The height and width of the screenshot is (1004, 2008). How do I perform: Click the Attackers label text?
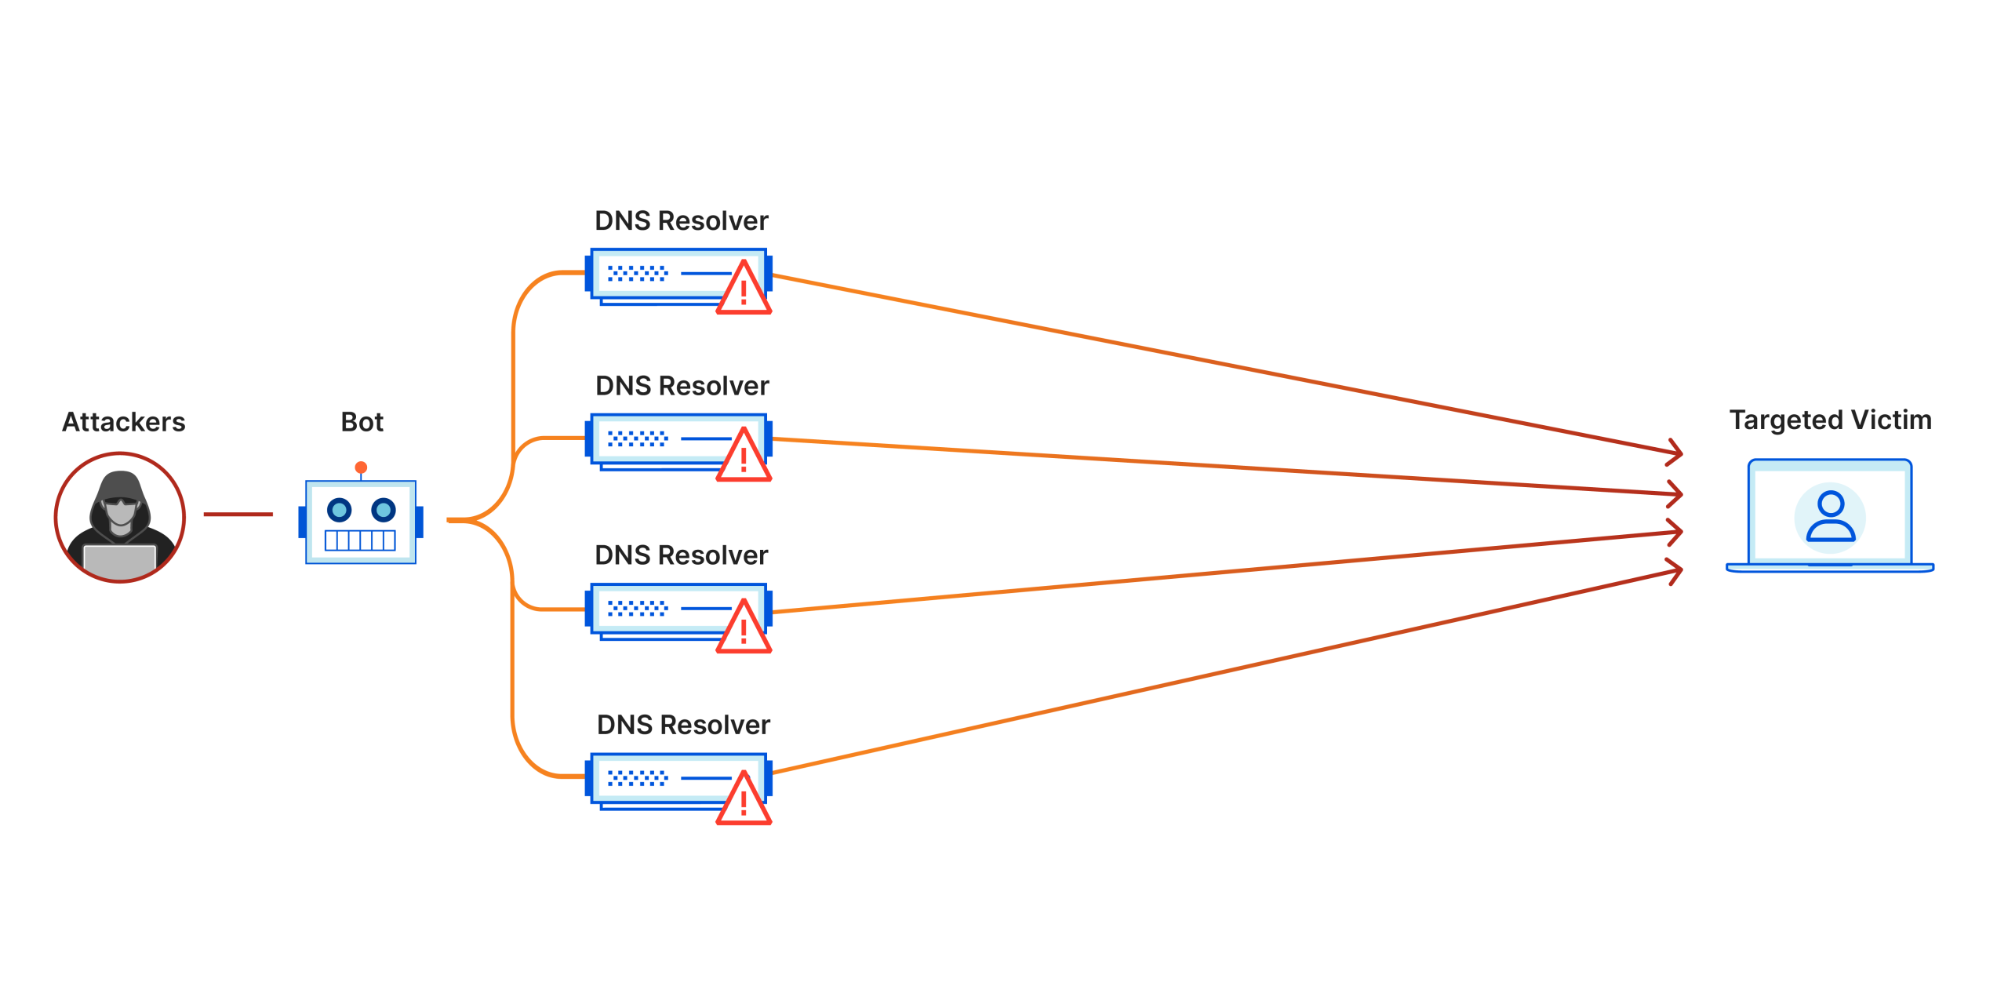pyautogui.click(x=123, y=422)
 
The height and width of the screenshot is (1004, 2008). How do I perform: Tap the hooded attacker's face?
pyautogui.click(x=120, y=512)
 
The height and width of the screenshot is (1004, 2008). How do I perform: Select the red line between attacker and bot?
pyautogui.click(x=238, y=515)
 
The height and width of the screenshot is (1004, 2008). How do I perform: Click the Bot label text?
pyautogui.click(x=362, y=422)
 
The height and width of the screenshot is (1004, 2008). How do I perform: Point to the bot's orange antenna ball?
pyautogui.click(x=361, y=467)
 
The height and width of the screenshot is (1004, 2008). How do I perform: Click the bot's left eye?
pyautogui.click(x=339, y=511)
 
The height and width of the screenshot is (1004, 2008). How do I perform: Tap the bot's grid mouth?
pyautogui.click(x=360, y=540)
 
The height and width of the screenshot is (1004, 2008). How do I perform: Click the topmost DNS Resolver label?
pyautogui.click(x=681, y=221)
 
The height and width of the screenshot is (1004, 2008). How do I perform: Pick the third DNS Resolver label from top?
pyautogui.click(x=681, y=555)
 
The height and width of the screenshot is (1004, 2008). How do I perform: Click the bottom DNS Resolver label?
pyautogui.click(x=683, y=725)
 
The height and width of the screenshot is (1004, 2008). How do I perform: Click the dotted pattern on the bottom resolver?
pyautogui.click(x=637, y=778)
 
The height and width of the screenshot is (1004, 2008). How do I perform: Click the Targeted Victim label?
pyautogui.click(x=1830, y=420)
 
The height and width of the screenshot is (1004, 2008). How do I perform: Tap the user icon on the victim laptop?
pyautogui.click(x=1830, y=517)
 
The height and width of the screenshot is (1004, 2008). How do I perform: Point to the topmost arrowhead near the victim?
pyautogui.click(x=1675, y=451)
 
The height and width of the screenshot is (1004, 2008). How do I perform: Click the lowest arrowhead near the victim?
pyautogui.click(x=1675, y=571)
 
